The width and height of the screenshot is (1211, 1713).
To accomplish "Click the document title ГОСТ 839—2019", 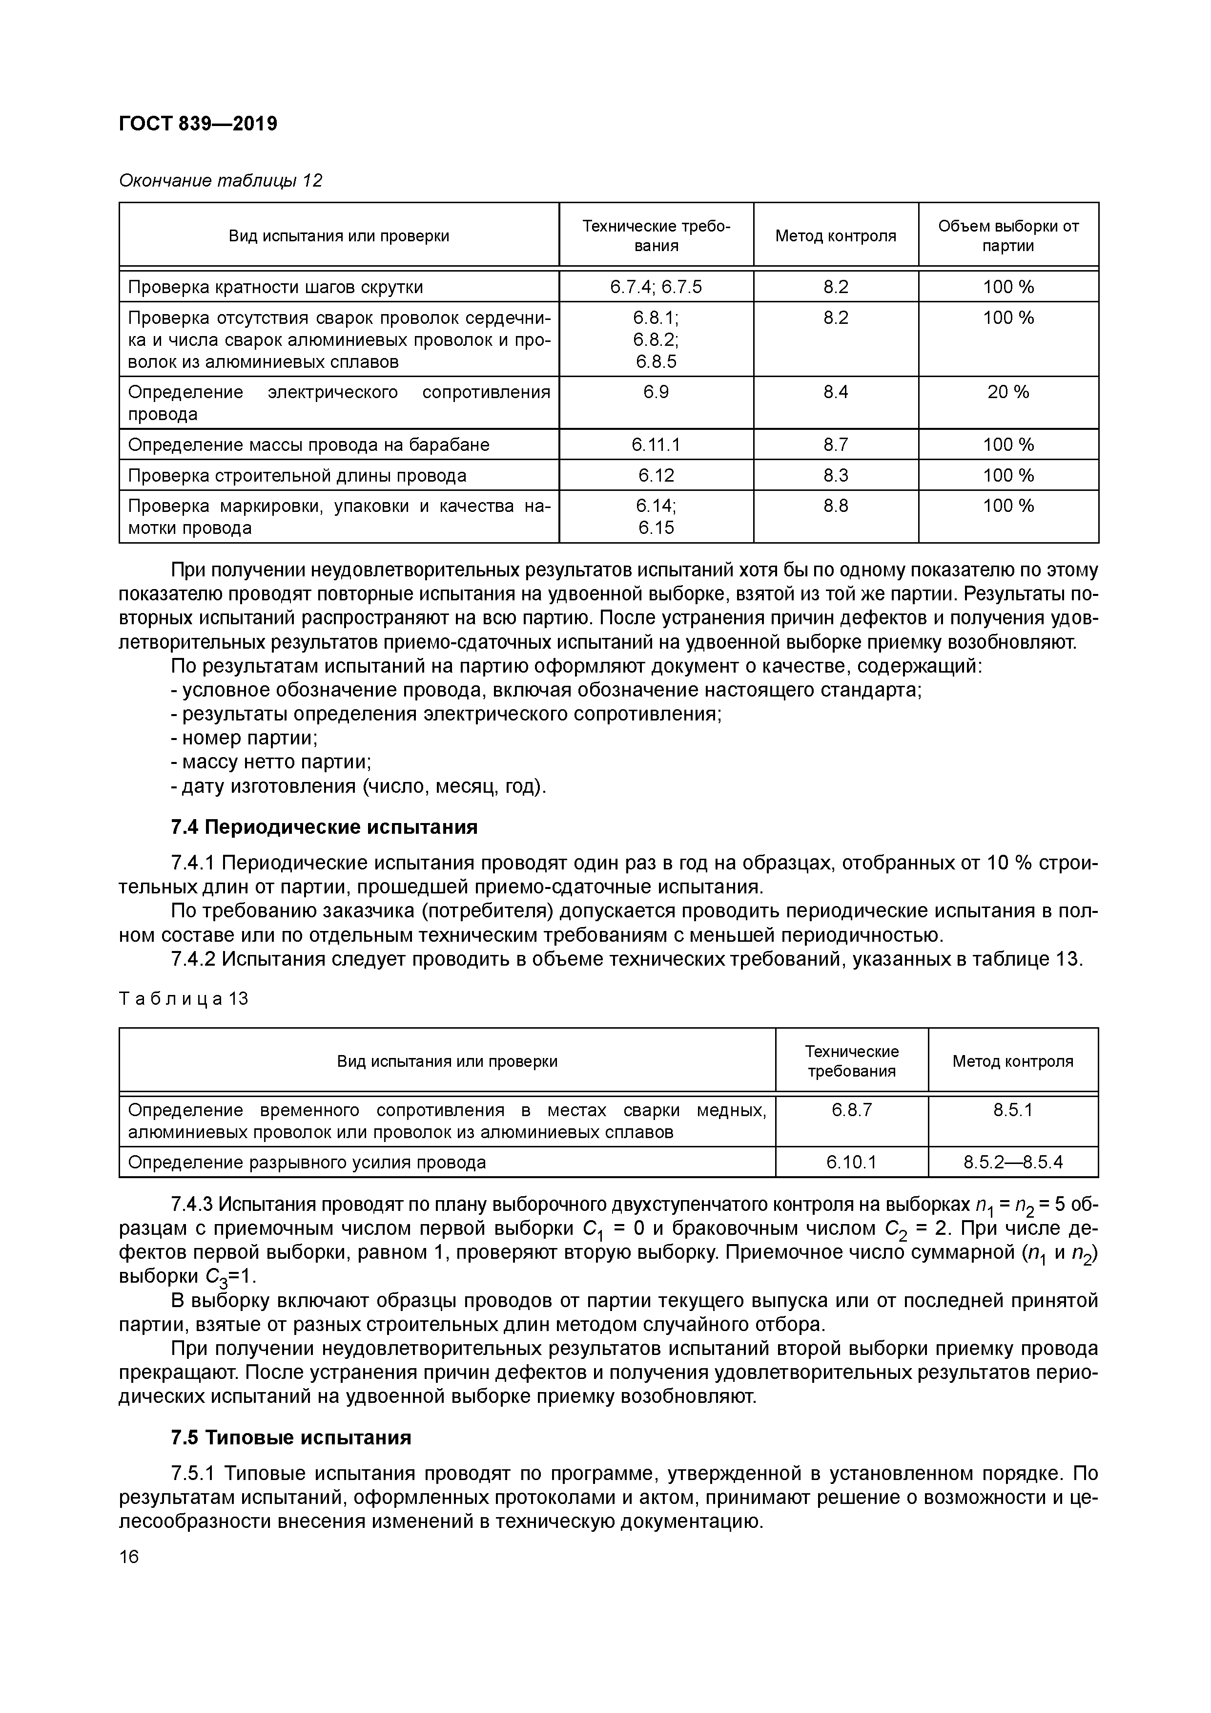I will [x=198, y=123].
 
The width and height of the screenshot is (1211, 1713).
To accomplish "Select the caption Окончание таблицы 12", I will [x=221, y=181].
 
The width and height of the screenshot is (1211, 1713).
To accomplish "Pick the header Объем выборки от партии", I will [x=1008, y=236].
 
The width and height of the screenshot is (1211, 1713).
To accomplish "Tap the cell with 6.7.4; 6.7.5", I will [x=656, y=287].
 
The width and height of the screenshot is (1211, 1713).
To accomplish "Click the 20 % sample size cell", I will [x=1008, y=392].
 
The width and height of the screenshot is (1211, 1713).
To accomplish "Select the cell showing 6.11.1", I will [x=656, y=444].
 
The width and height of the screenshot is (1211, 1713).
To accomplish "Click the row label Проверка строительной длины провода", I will [x=297, y=475].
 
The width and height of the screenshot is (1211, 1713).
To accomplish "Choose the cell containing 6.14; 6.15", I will [x=656, y=516].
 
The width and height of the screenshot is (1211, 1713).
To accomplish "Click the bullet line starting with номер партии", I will [x=250, y=738].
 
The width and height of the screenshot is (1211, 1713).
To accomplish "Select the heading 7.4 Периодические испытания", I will [x=324, y=827].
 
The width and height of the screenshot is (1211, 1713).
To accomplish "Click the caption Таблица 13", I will [x=184, y=998].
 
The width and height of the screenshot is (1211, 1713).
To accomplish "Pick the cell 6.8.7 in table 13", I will [x=852, y=1110].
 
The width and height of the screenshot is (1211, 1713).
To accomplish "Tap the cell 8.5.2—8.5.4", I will [x=1013, y=1163].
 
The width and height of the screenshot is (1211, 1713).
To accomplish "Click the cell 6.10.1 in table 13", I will [x=852, y=1163].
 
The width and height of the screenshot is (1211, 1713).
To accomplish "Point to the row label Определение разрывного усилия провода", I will [x=307, y=1163].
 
